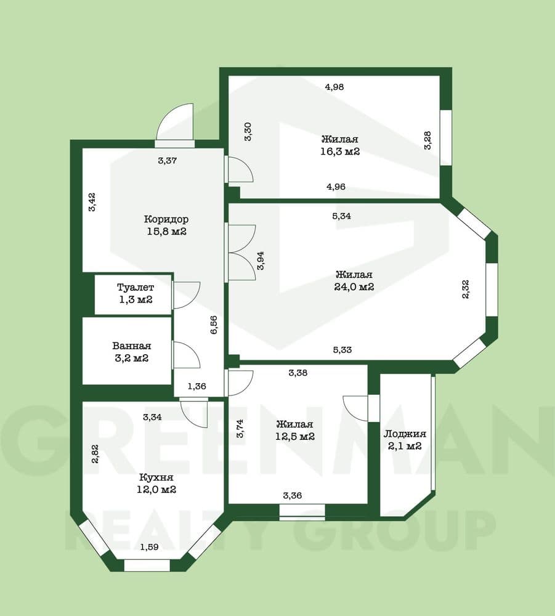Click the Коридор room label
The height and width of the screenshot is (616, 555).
(166, 219)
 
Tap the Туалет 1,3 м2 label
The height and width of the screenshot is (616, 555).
(136, 293)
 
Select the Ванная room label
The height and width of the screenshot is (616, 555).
(132, 346)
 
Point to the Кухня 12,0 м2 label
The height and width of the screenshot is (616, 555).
(156, 484)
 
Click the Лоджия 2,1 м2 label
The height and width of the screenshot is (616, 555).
(405, 440)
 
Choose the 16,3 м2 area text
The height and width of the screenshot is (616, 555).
(340, 152)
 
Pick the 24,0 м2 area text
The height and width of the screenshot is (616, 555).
(354, 287)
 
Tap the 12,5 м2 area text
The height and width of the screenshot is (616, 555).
(295, 437)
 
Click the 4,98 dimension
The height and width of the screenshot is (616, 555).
(334, 87)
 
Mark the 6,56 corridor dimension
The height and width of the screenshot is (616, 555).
(214, 325)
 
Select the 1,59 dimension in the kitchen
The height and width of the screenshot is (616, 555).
(150, 547)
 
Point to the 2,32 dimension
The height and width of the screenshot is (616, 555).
(466, 289)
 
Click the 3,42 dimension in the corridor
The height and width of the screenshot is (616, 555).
(92, 202)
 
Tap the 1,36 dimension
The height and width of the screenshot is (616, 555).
(196, 387)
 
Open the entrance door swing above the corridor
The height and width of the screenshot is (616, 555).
(175, 125)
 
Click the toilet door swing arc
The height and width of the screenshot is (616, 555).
(187, 294)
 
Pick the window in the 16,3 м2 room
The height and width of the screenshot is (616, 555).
(446, 137)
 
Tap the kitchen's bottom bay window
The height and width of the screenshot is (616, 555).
(147, 565)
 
